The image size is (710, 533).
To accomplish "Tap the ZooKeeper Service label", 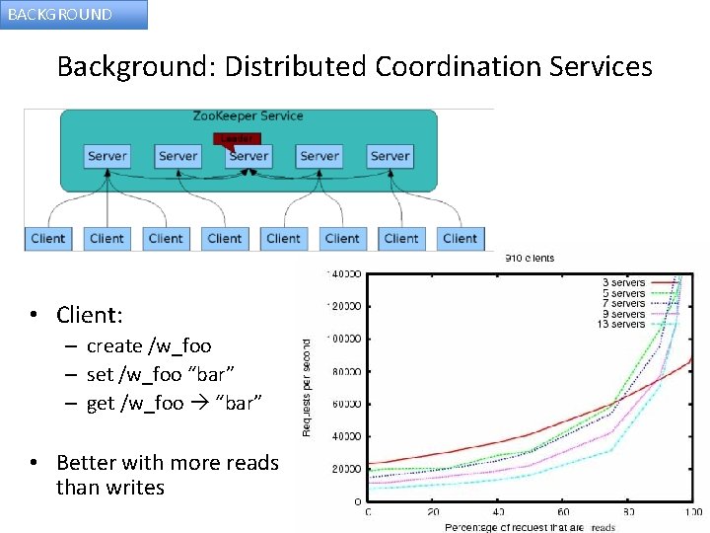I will point(248,116).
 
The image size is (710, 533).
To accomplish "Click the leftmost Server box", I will point(106,156).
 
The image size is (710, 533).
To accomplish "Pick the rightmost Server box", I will point(390,156).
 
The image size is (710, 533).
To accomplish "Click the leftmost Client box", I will point(47,238).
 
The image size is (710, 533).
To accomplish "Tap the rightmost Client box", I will point(460,238).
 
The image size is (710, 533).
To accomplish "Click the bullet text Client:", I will point(90,315).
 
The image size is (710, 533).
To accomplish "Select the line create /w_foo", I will point(149,346).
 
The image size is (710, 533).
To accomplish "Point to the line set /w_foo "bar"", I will point(149,374).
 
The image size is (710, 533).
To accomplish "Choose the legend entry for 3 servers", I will point(623,282).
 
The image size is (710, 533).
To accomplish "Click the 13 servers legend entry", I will point(620,324).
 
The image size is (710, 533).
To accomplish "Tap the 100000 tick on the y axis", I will point(344,339).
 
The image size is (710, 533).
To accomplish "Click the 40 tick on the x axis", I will point(498,511).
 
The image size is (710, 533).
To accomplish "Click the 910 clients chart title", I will point(530,259).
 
